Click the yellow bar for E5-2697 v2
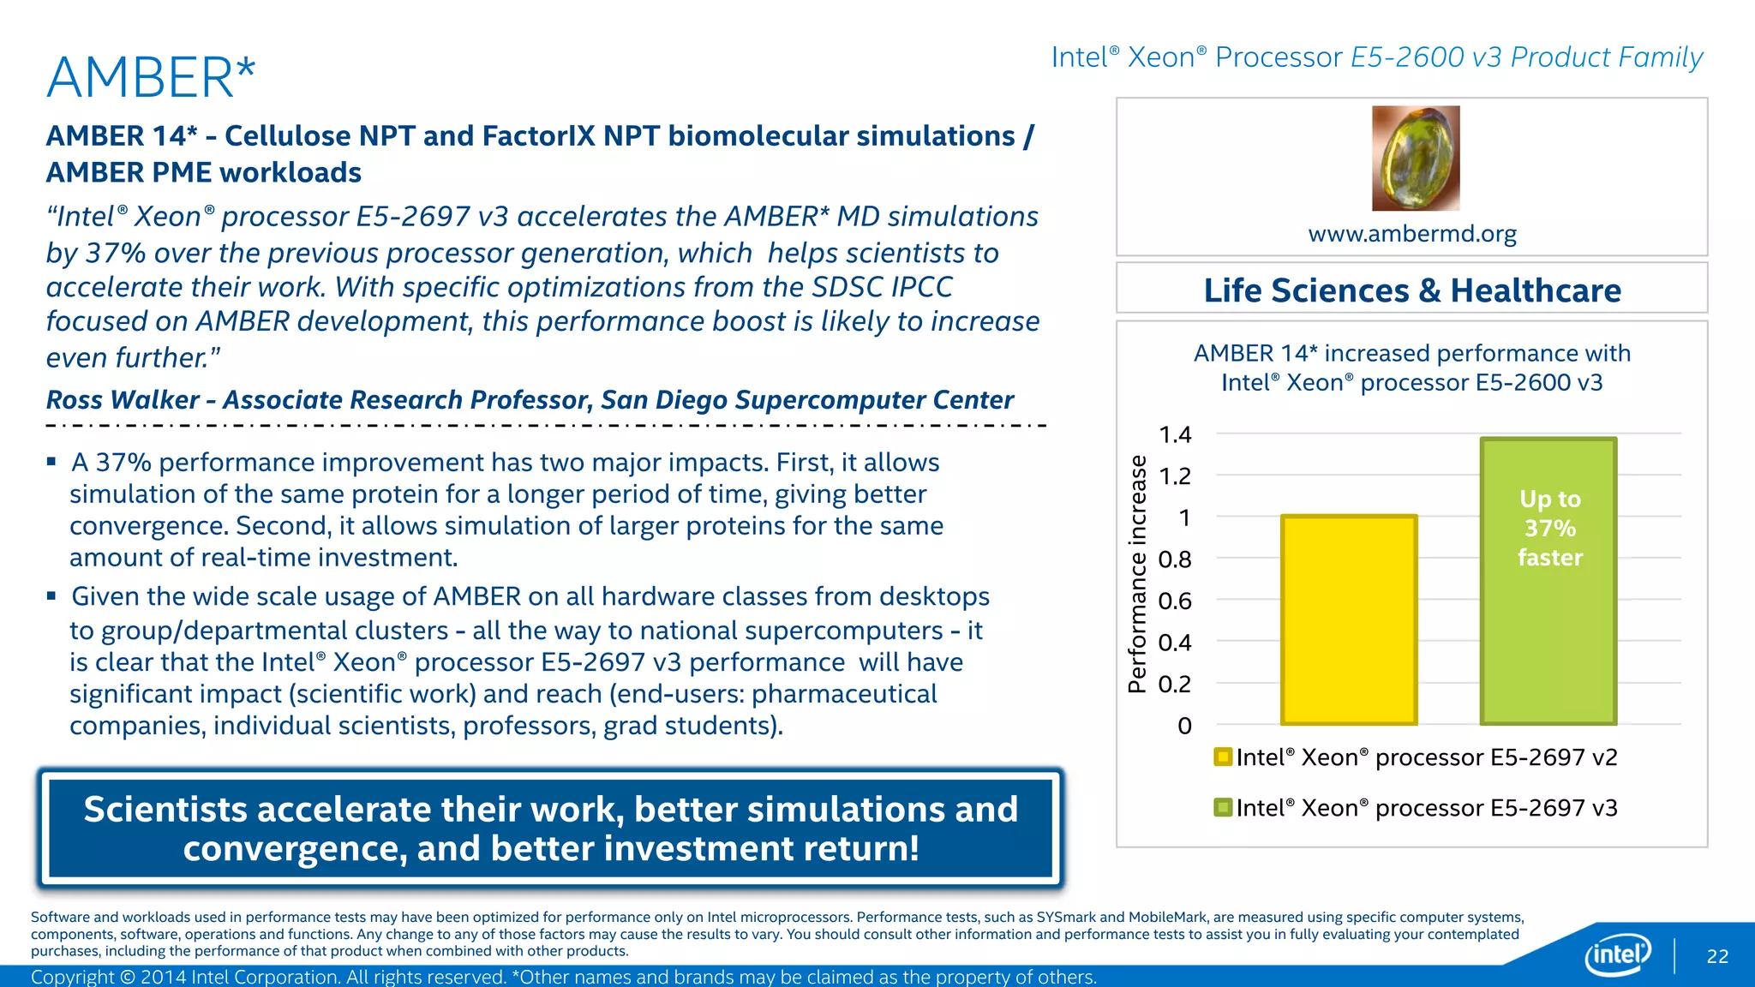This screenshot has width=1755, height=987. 1349,620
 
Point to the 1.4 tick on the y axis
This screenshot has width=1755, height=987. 1175,435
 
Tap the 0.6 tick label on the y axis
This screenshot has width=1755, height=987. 1175,601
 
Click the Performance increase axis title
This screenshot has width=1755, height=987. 1137,574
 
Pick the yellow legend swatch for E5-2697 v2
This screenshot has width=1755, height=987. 1223,757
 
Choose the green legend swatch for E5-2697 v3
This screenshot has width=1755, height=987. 1223,807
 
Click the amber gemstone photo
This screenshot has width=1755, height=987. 1416,159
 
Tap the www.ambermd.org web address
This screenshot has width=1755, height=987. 1411,234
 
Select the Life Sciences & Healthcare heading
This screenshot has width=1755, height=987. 1411,290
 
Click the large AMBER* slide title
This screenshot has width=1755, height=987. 151,78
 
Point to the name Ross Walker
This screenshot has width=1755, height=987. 123,400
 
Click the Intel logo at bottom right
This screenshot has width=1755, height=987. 1618,954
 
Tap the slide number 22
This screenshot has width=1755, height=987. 1717,956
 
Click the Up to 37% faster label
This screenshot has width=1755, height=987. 1549,528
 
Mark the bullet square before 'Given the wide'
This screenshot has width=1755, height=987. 52,595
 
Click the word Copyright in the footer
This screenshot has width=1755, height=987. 73,977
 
